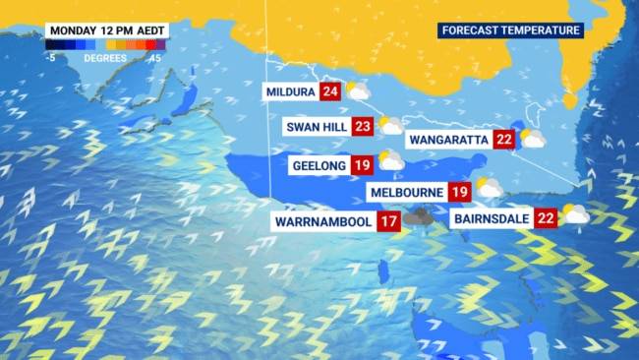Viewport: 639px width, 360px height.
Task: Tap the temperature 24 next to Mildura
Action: (330, 93)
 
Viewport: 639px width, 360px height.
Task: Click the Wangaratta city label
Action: (447, 140)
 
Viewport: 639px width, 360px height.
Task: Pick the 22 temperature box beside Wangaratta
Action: (505, 140)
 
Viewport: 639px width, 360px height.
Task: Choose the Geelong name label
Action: (320, 164)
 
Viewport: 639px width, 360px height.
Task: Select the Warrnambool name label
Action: (323, 221)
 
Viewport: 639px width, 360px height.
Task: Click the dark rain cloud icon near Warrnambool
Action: (421, 217)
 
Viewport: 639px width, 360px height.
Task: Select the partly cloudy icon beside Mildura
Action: (358, 92)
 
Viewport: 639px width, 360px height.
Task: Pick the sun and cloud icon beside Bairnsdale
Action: (575, 214)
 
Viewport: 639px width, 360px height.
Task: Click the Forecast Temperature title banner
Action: (510, 30)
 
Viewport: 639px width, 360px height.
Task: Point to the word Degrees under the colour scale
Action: (104, 57)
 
